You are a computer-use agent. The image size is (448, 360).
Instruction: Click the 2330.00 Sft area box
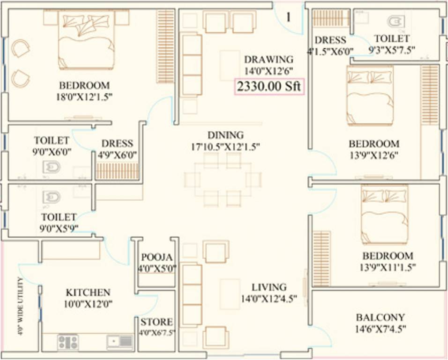pos(269,87)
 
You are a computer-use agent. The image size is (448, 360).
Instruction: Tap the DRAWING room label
pos(269,60)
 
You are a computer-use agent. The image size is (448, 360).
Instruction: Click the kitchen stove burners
pos(68,342)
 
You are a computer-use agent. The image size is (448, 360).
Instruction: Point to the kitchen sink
pos(120,342)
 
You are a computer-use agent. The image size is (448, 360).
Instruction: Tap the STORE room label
pos(157,322)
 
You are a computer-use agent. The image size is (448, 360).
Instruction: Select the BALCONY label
pos(380,317)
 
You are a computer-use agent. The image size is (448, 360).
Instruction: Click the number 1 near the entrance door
pos(289,17)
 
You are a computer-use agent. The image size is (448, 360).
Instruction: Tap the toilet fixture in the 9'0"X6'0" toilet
pos(51,166)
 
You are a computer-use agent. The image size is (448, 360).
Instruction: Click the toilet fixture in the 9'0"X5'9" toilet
pos(51,197)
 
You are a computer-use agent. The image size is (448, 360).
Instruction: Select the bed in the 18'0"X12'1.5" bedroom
pos(86,40)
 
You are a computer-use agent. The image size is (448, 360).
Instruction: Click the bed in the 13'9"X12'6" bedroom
pos(369,95)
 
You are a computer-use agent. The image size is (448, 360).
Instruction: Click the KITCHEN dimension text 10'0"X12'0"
pos(89,304)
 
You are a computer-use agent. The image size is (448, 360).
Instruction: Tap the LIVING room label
pos(269,287)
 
